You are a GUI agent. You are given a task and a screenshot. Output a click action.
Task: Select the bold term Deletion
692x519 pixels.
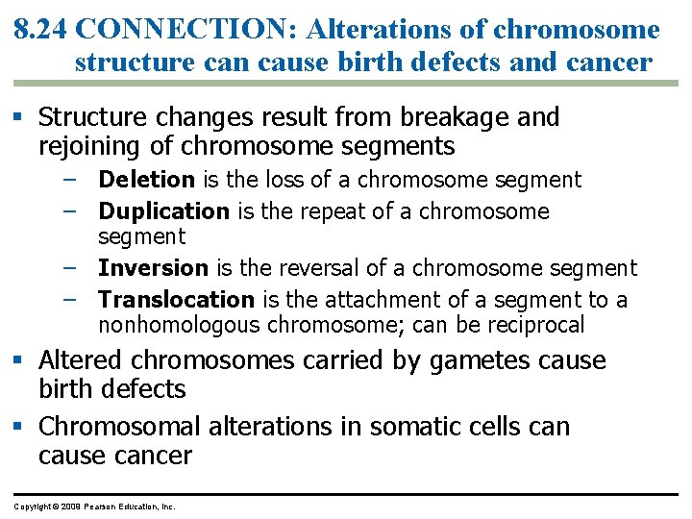pyautogui.click(x=146, y=180)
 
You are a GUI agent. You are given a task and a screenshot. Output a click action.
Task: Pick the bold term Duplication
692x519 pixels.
pyautogui.click(x=163, y=211)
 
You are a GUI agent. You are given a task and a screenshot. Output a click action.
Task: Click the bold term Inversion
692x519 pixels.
pyautogui.click(x=153, y=268)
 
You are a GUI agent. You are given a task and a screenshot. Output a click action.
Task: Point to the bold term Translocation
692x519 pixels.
pyautogui.click(x=176, y=300)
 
